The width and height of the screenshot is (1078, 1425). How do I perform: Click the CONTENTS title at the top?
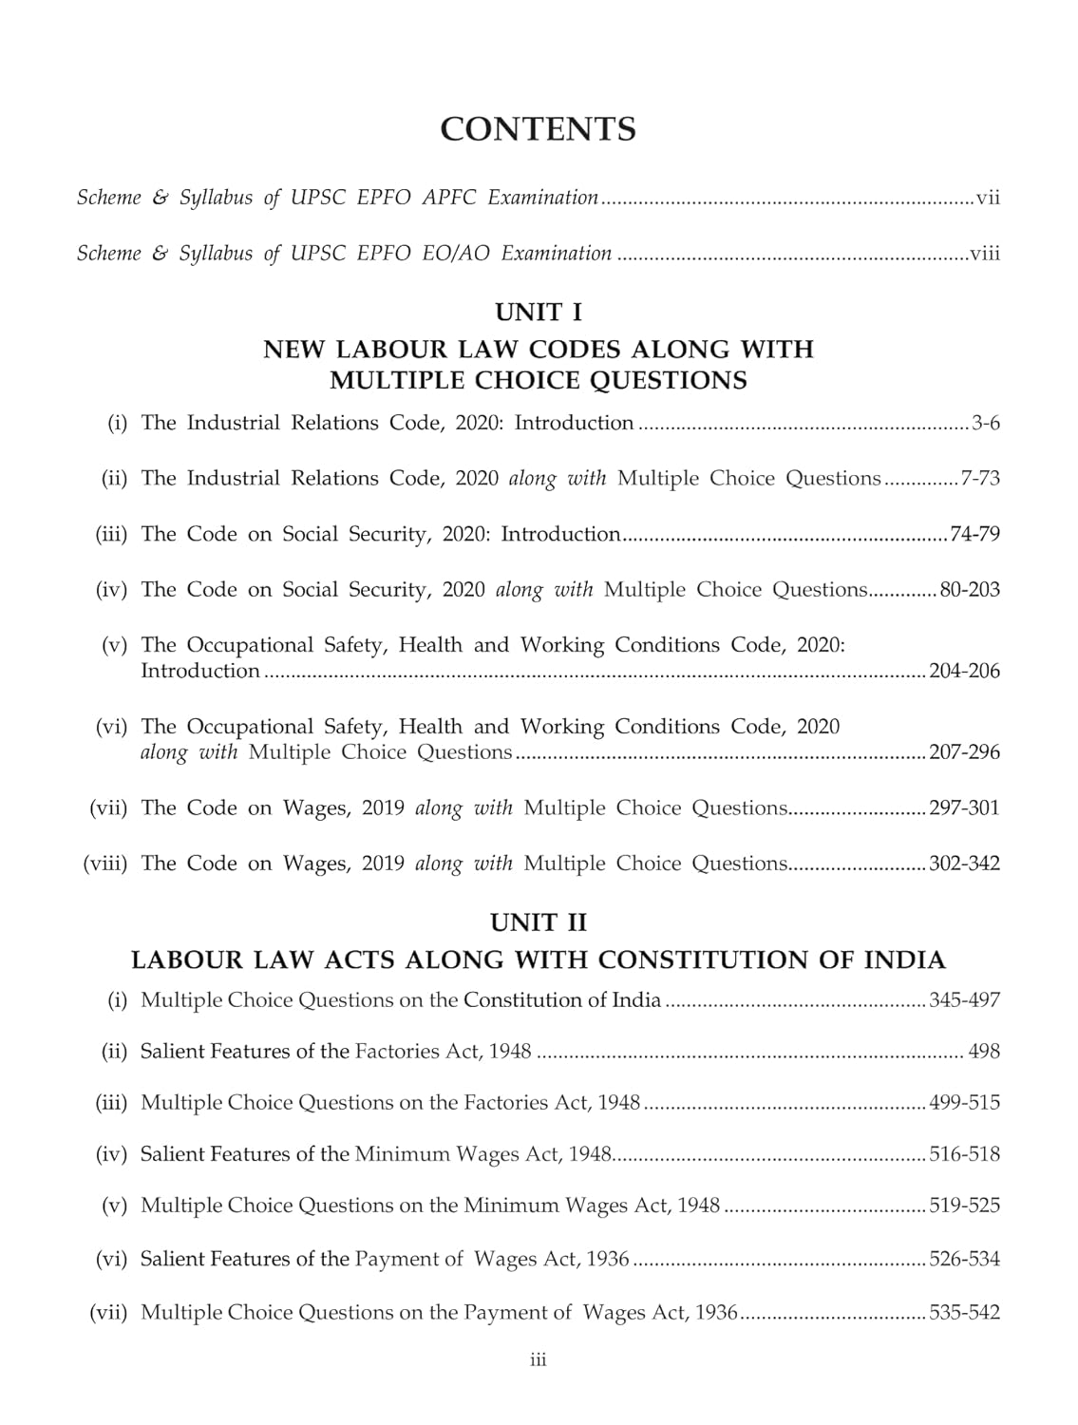[538, 129]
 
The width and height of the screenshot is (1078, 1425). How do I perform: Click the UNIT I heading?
[538, 312]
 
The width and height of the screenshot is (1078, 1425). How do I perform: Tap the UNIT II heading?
[538, 922]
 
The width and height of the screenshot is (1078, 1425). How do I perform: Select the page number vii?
[988, 199]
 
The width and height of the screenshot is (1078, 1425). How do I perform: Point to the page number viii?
[985, 254]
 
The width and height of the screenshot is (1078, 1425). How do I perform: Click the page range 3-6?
[986, 424]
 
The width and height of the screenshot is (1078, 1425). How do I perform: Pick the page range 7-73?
[980, 479]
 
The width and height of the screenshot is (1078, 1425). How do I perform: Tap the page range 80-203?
[970, 590]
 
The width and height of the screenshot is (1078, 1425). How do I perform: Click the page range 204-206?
[965, 672]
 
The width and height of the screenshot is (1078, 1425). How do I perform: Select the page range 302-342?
[965, 864]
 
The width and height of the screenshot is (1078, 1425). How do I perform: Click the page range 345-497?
[965, 1000]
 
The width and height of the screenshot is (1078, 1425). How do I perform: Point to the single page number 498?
[984, 1052]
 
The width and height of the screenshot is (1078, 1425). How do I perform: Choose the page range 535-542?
[965, 1313]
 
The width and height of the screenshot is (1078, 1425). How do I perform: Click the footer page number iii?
[538, 1361]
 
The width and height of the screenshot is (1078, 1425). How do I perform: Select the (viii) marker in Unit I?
[105, 864]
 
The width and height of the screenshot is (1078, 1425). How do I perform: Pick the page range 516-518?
[965, 1154]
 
